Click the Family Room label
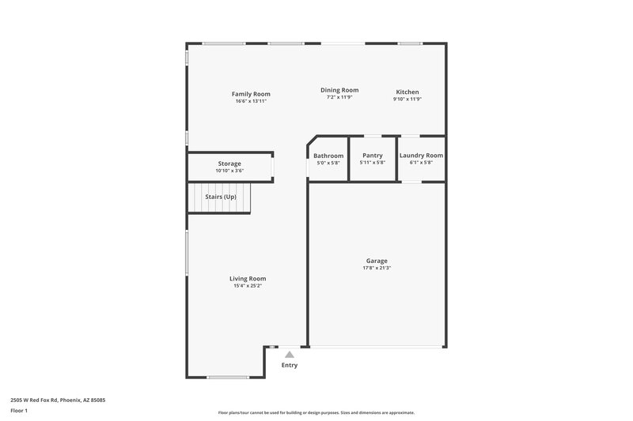point(251,94)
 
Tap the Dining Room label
point(339,90)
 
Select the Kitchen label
point(407,92)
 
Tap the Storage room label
point(229,164)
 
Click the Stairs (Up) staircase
point(220,197)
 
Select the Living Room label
point(248,279)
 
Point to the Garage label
point(377,261)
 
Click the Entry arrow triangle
point(290,355)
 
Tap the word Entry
point(290,365)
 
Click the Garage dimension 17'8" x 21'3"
point(377,269)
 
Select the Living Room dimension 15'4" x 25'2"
point(248,286)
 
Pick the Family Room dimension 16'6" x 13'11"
point(251,101)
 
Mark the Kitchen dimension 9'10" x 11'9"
point(407,99)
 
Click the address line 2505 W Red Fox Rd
point(58,400)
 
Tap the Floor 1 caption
point(20,411)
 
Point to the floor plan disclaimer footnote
point(316,412)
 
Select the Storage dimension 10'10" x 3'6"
point(229,171)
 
